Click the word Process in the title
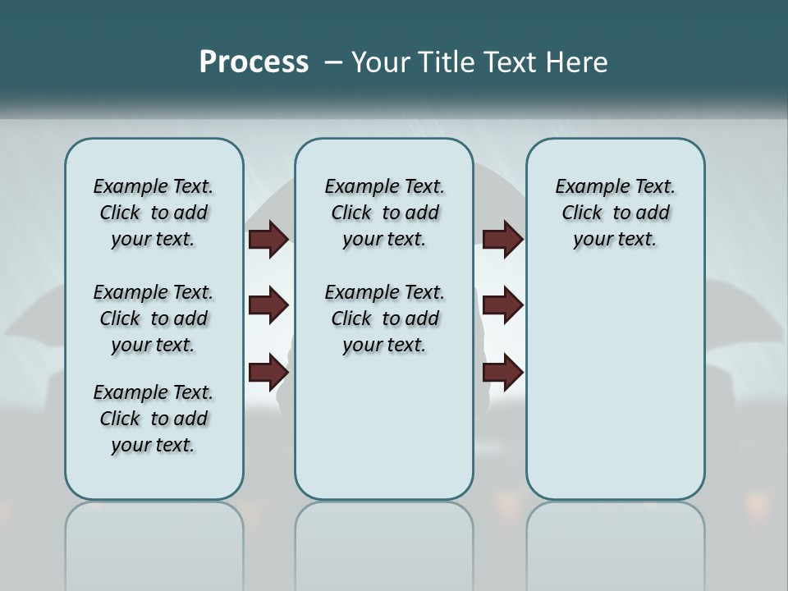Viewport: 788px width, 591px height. [x=254, y=62]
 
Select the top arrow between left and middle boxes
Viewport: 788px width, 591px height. [x=268, y=239]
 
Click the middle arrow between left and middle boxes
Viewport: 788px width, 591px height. [x=268, y=305]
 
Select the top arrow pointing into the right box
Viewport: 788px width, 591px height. [x=502, y=239]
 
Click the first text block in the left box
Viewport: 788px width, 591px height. [x=153, y=213]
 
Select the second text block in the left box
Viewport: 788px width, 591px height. [x=153, y=318]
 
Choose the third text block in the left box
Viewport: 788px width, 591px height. [x=153, y=419]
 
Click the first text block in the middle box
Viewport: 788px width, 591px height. [x=384, y=213]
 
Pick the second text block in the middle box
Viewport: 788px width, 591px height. [x=384, y=318]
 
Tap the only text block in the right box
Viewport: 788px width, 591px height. [x=615, y=213]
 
